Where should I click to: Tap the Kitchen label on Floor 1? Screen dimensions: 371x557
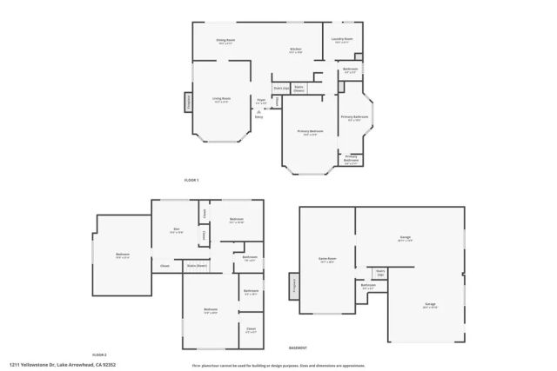pos(296,50)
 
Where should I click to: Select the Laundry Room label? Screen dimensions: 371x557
pos(342,39)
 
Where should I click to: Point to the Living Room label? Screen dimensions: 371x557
pos(222,100)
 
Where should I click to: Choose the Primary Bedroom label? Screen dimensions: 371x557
pos(307,132)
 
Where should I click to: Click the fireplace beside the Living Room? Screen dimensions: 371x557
pos(187,102)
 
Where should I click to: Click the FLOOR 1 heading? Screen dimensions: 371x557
pos(191,180)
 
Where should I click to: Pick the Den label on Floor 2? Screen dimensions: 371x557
pos(176,231)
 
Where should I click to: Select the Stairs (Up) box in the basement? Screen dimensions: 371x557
pos(380,273)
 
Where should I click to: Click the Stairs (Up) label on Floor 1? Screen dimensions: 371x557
pos(281,88)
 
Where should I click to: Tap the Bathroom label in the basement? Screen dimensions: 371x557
pos(368,287)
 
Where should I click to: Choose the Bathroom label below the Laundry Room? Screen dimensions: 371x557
pos(350,70)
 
